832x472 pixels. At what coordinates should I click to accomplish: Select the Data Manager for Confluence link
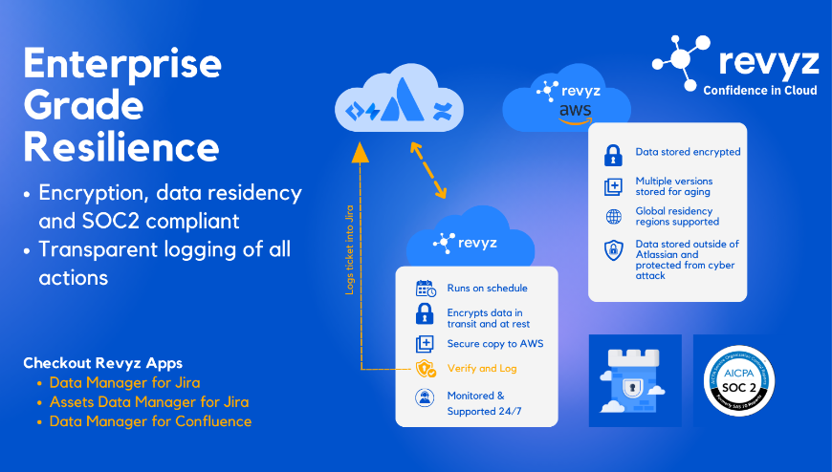(150, 420)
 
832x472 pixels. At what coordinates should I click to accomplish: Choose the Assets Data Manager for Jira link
(148, 401)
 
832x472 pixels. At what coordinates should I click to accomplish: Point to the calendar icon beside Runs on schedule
(426, 289)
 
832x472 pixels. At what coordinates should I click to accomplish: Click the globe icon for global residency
(613, 216)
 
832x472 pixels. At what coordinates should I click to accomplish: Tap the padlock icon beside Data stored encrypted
(613, 153)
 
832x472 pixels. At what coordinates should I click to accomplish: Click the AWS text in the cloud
(575, 111)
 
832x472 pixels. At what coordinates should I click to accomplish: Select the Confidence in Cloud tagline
(760, 90)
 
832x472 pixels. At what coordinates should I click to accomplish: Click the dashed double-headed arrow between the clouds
(428, 170)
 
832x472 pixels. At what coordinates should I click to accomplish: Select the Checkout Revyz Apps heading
(101, 363)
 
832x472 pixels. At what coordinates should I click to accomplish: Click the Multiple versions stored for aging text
(673, 186)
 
